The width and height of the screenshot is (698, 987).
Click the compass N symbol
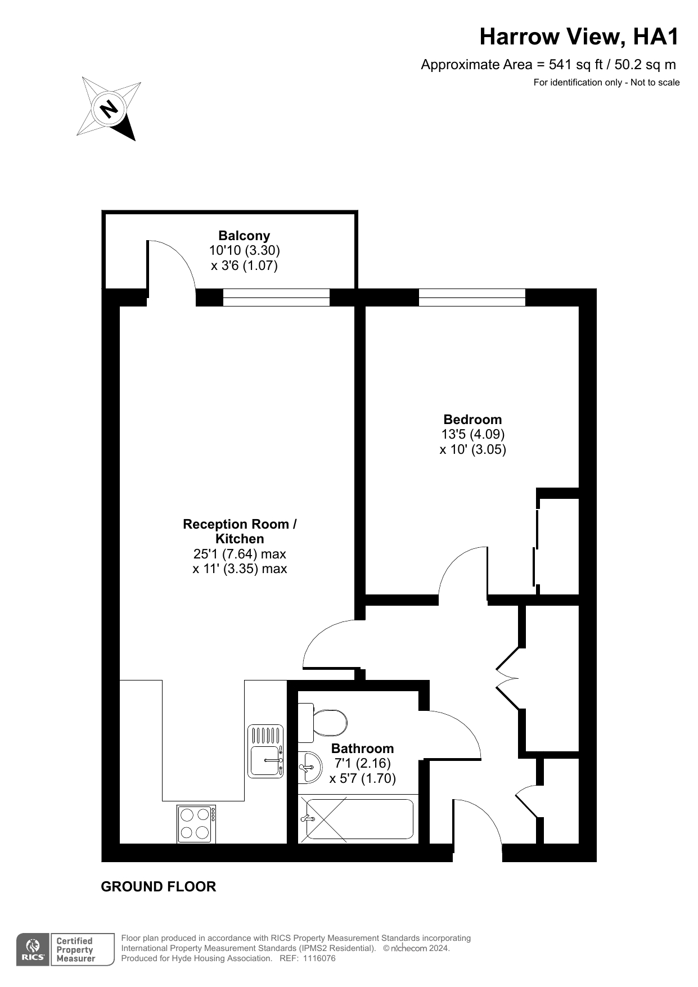pyautogui.click(x=109, y=108)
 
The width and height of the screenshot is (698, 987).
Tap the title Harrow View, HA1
pyautogui.click(x=579, y=37)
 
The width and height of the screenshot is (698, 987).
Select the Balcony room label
pyautogui.click(x=244, y=236)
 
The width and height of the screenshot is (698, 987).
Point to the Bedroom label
pyautogui.click(x=472, y=420)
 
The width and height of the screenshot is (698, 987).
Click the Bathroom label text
pyautogui.click(x=362, y=749)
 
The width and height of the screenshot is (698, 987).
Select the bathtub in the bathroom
pyautogui.click(x=358, y=819)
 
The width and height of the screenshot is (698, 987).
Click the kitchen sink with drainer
pyautogui.click(x=265, y=751)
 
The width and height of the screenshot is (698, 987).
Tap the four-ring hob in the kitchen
pyautogui.click(x=196, y=824)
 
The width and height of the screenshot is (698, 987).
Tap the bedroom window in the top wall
pyautogui.click(x=472, y=298)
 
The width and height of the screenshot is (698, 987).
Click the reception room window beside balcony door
pyautogui.click(x=276, y=298)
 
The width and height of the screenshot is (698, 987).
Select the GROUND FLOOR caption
pyautogui.click(x=159, y=887)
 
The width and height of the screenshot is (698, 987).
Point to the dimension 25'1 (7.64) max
pyautogui.click(x=240, y=554)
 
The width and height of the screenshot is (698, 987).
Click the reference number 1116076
pyautogui.click(x=319, y=958)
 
